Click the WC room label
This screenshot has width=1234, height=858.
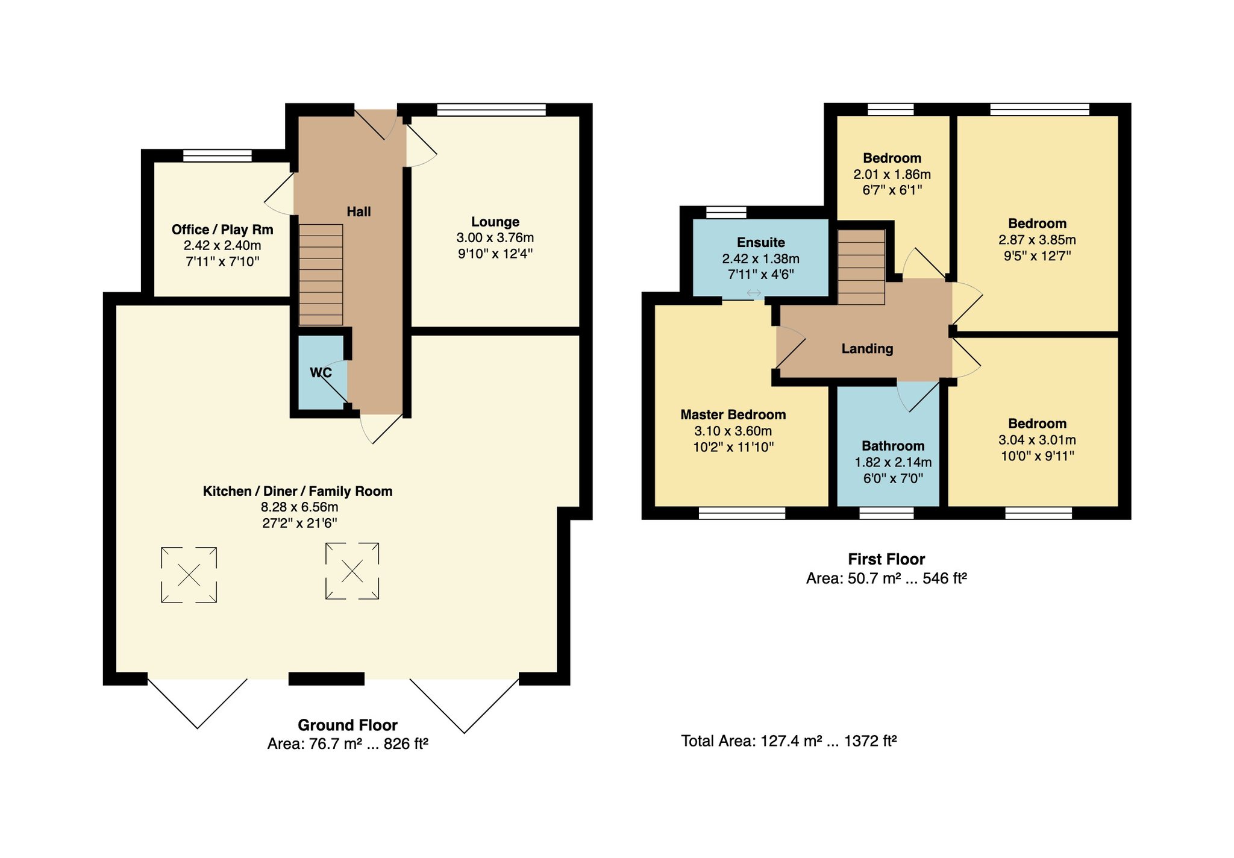[321, 372]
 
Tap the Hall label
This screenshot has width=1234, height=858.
[359, 211]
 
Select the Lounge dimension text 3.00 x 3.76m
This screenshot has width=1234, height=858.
[495, 237]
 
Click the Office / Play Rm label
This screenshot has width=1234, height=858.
[222, 230]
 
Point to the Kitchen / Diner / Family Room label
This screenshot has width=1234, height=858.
[298, 491]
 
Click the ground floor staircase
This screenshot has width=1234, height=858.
[321, 275]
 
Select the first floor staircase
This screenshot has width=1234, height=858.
[862, 267]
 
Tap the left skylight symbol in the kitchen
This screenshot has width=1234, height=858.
[189, 575]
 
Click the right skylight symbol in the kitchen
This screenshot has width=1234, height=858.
[352, 571]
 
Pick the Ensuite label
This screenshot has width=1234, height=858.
[761, 242]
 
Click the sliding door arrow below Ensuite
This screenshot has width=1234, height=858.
[754, 293]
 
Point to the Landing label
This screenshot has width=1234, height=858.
[867, 348]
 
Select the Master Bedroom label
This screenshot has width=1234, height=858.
[733, 415]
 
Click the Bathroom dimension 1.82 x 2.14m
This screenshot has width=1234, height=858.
[893, 462]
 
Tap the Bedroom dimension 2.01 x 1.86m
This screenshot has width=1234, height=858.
[892, 174]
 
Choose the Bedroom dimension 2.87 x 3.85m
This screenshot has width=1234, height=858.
[1037, 239]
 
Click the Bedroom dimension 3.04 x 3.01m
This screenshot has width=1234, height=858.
[1037, 440]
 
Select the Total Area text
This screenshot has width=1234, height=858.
[789, 741]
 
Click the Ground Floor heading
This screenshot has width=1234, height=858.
[348, 725]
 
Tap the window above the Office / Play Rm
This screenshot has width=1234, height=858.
[218, 155]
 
